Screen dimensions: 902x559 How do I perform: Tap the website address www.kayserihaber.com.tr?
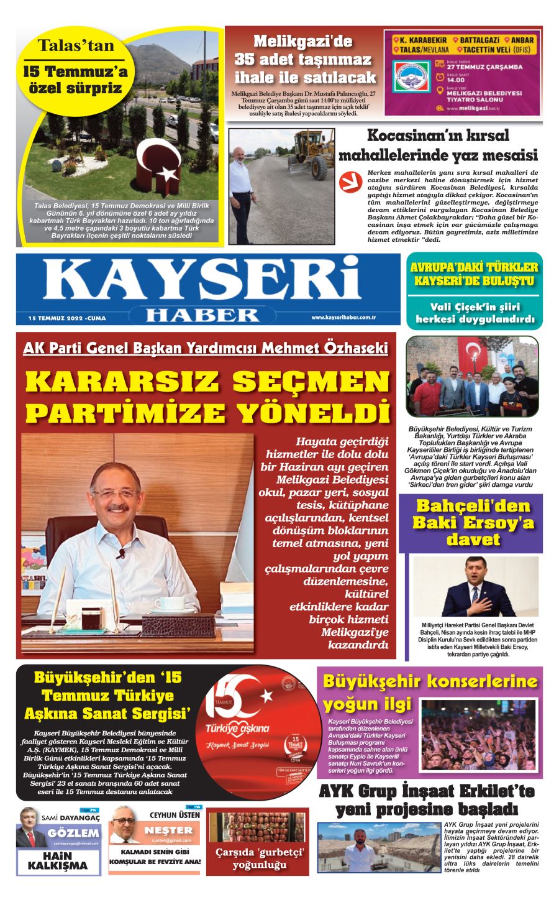point(345,318)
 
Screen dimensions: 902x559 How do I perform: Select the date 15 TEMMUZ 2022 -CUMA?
point(67,318)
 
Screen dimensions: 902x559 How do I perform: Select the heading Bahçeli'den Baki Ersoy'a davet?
point(474,522)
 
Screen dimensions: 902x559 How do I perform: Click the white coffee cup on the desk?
point(168,603)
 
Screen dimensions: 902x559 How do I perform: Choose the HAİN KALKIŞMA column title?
point(58,861)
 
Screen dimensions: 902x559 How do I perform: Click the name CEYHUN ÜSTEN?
point(175,815)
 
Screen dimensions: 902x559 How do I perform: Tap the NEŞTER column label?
point(168,831)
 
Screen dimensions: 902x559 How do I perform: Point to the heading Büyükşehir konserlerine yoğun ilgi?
point(430,693)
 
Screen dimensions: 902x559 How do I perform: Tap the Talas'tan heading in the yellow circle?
point(76,45)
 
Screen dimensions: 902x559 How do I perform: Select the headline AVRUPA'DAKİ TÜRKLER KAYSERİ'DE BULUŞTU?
point(475,274)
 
